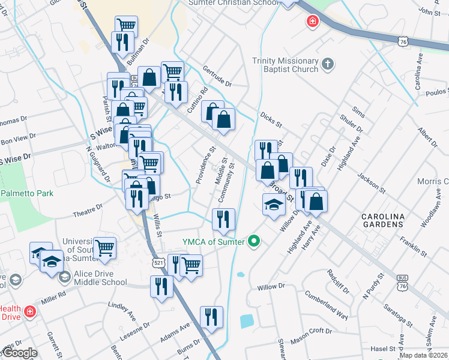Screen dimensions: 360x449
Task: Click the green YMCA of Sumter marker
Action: point(254,242)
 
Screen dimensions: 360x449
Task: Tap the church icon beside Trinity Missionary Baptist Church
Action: point(328,63)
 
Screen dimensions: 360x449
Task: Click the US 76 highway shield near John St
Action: point(403,40)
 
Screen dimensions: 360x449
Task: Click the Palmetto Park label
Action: point(27,193)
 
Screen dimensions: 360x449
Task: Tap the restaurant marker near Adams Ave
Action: point(211,317)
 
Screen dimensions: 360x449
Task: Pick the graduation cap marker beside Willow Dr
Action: point(274,203)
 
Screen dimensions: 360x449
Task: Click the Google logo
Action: point(19,353)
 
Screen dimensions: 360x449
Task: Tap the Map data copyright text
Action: point(423,355)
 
